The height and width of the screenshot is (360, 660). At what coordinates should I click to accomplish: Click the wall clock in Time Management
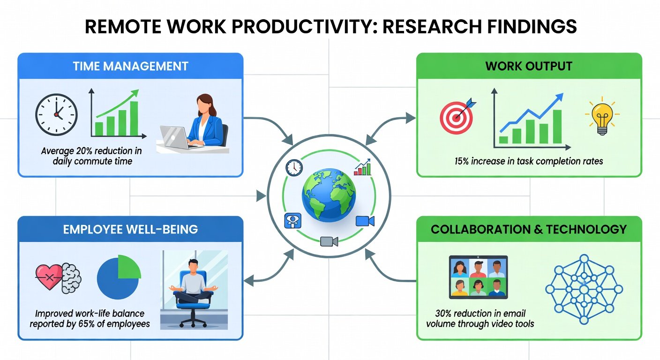[56, 114]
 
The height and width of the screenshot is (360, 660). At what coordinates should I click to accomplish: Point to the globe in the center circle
[329, 195]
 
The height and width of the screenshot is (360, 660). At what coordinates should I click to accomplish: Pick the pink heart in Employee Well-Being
[49, 277]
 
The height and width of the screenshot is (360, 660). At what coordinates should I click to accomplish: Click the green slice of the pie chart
[129, 267]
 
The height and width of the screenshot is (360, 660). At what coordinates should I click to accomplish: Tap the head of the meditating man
[193, 266]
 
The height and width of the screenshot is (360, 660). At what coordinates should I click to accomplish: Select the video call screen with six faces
[478, 277]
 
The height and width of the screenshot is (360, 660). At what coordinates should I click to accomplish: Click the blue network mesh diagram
[584, 290]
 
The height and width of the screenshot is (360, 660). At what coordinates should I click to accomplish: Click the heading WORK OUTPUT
[529, 66]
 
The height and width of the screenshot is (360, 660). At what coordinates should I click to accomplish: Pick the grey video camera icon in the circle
[329, 241]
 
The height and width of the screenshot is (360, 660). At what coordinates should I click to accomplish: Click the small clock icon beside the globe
[294, 168]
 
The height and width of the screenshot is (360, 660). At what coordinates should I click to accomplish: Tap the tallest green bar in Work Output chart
[557, 127]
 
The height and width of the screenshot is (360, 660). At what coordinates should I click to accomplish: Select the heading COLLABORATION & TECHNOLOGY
[529, 229]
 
